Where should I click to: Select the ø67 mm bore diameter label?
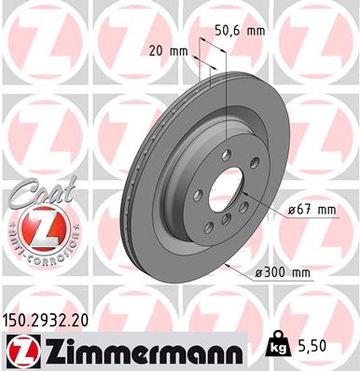312,210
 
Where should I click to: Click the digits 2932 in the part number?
54,319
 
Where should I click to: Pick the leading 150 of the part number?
18,319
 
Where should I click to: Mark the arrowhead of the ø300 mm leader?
228,266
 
